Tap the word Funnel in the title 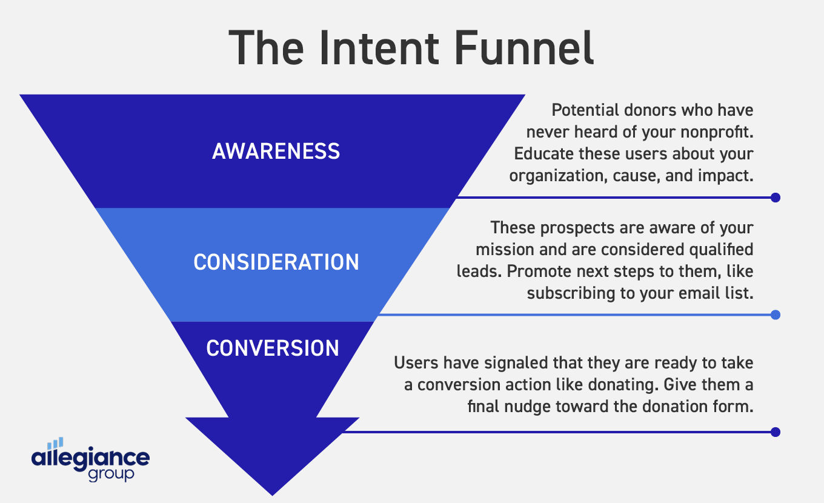coord(527,48)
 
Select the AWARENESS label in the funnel coord(276,152)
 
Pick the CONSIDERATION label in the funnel coord(276,262)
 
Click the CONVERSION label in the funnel coord(273,348)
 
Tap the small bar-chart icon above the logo coord(55,444)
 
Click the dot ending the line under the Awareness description coord(775,198)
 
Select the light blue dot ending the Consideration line coord(775,315)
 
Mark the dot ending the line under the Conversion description coord(775,432)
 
